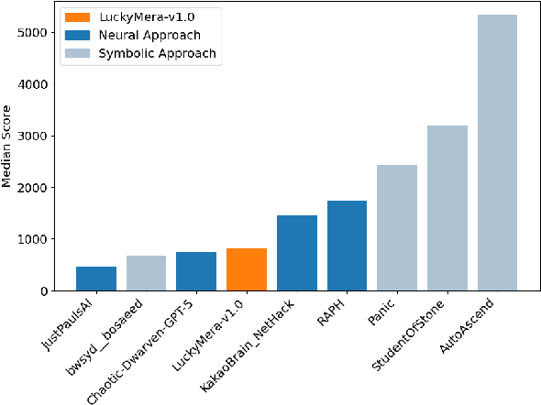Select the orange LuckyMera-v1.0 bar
[247, 269]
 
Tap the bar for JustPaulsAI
[96, 279]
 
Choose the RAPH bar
[347, 246]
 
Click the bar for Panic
[397, 228]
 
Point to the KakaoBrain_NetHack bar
[297, 253]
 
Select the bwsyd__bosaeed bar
[146, 273]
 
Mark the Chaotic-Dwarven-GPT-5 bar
[196, 271]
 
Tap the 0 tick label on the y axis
[57, 291]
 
